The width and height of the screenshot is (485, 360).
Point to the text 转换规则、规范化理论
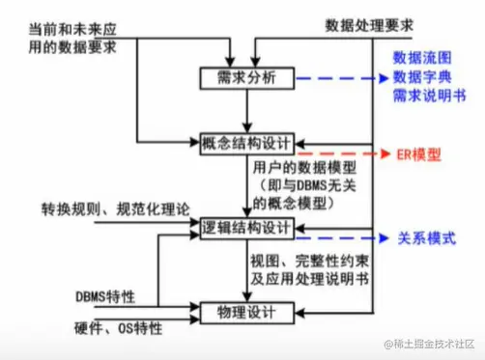click(116, 208)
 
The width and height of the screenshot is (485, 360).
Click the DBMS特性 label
click(105, 294)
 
